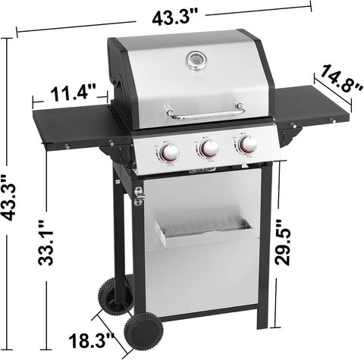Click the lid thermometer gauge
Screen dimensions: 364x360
196,60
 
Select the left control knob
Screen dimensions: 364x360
169,152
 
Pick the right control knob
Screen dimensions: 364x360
248,144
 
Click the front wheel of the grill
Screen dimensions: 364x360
143,331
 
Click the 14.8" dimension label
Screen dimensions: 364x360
342,81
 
